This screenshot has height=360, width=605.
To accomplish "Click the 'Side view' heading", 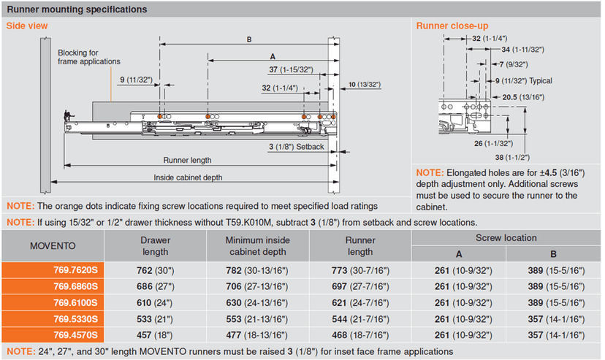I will click(27, 26).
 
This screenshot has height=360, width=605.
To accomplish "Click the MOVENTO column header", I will click(53, 245).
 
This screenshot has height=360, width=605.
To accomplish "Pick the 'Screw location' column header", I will click(506, 237).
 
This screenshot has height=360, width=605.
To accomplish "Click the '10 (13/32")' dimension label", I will click(365, 85).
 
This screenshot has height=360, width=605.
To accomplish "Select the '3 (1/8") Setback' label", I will click(295, 147).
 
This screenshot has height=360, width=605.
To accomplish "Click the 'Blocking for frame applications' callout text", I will click(89, 57).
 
